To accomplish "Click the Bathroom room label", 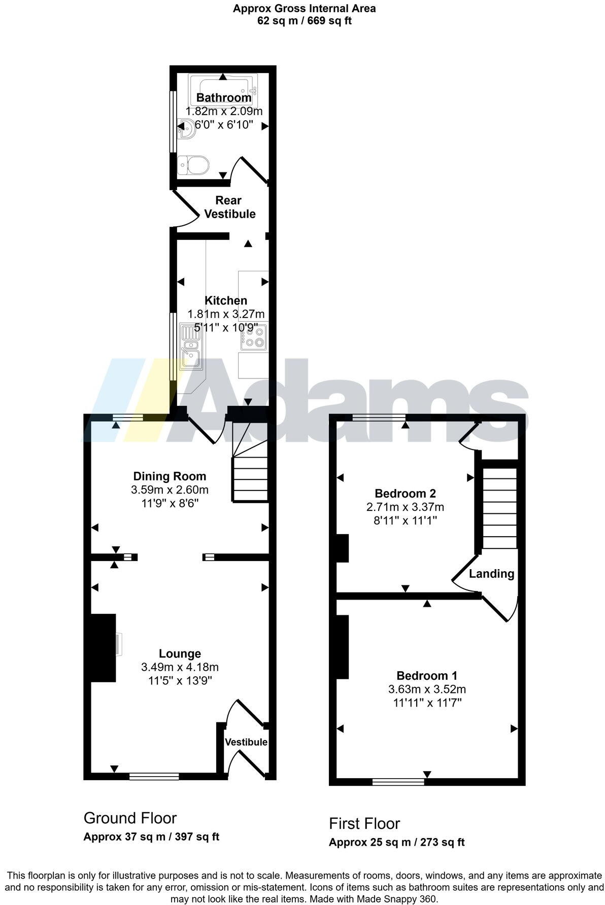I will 224,97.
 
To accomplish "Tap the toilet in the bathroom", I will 194,165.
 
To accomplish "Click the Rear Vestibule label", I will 229,207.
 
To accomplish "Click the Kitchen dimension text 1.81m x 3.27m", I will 226,314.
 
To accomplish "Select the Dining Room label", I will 170,476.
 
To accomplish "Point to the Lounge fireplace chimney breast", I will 104,647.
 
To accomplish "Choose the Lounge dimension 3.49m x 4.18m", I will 180,667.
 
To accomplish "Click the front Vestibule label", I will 246,742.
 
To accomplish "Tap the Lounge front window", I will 154,776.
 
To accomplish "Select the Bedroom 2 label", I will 405,493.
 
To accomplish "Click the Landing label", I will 491,574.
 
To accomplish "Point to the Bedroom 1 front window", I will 398,782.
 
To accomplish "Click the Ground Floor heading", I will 130,818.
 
